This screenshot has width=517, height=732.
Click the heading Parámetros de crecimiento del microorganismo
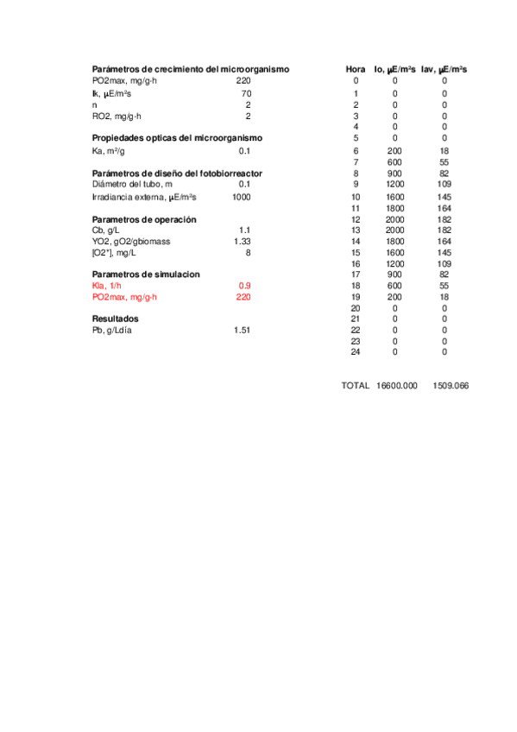190,69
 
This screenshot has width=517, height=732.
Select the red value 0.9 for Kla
244,286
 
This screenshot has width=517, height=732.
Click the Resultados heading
115,319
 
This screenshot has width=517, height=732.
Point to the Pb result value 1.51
242,331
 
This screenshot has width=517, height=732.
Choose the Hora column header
355,69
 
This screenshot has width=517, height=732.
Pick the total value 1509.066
450,386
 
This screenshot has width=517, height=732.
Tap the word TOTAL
355,386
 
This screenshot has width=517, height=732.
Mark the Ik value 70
246,93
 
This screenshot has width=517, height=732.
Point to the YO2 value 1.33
242,242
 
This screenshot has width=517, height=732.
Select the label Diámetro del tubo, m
132,184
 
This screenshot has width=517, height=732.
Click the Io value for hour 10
394,197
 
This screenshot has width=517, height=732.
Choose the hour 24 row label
355,352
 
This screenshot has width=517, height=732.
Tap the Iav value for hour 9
444,184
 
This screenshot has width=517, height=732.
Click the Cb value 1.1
244,230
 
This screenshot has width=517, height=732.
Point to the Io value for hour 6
394,150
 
